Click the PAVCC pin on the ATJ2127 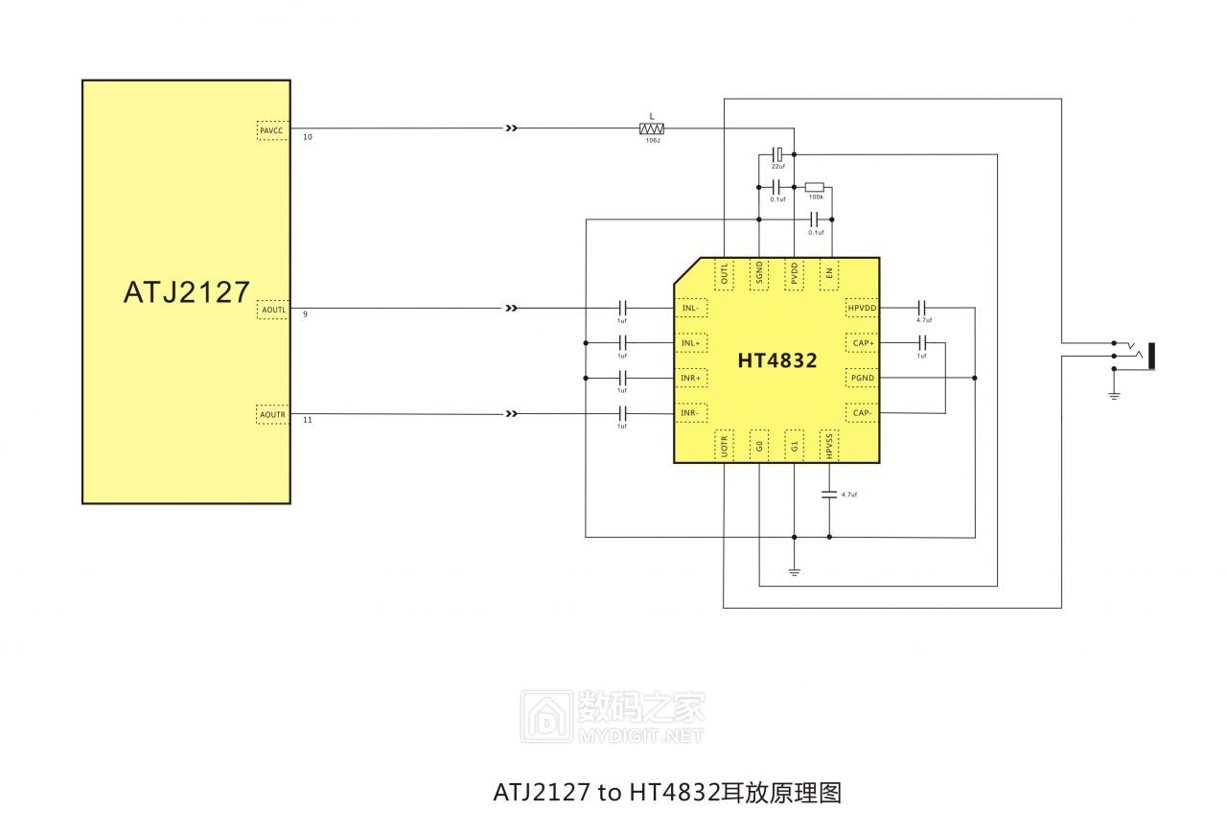click(x=272, y=130)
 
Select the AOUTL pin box click(x=272, y=310)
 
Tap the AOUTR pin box click(x=272, y=414)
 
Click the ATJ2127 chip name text click(x=186, y=291)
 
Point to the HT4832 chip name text click(x=776, y=361)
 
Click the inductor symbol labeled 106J click(x=652, y=127)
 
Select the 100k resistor click(x=814, y=187)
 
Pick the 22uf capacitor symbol click(x=778, y=153)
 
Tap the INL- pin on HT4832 click(x=691, y=308)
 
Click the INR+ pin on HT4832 click(x=691, y=379)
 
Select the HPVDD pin click(x=862, y=308)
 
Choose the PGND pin click(x=862, y=379)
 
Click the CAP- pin click(x=862, y=413)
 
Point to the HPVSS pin click(x=829, y=445)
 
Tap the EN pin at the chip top click(x=829, y=275)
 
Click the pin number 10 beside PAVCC click(x=307, y=138)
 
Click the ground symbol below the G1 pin click(x=794, y=572)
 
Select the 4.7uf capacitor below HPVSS click(x=829, y=495)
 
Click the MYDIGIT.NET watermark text click(x=641, y=736)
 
